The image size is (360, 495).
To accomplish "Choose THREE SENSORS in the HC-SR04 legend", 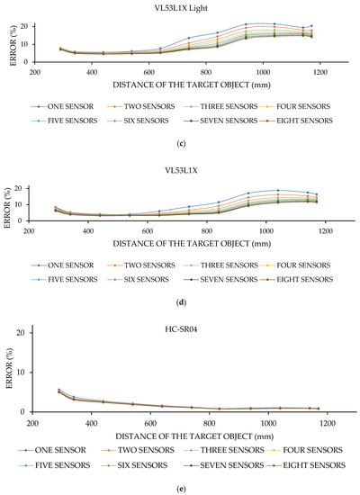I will pyautogui.click(x=233, y=447).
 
